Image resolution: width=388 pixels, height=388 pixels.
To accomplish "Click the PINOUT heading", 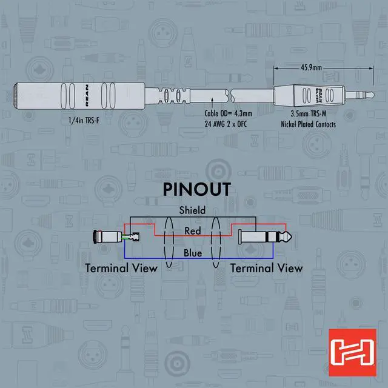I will point(196,189).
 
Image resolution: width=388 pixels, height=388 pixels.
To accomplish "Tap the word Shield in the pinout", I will point(192,210).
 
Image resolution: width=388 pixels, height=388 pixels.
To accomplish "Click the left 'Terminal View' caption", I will point(121,267).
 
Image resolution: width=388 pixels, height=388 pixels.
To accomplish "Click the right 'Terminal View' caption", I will point(267,267).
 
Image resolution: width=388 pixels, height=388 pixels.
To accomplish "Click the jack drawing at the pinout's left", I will point(106,236).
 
